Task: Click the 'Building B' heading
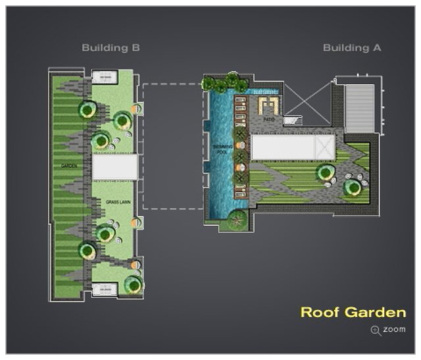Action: coord(111,48)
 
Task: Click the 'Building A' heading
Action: coord(352,48)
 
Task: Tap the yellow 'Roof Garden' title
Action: coord(353,312)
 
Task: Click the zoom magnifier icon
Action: coord(375,329)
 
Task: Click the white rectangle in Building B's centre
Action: coord(114,167)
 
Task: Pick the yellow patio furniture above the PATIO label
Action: coord(268,105)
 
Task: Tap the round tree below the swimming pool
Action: coord(235,222)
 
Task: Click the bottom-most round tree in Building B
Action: coord(133,285)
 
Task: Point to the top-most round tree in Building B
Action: coord(86,109)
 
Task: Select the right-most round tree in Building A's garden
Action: coord(353,188)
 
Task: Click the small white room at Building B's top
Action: coord(105,78)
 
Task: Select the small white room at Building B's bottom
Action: coord(105,288)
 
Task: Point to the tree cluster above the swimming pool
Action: coord(224,84)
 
